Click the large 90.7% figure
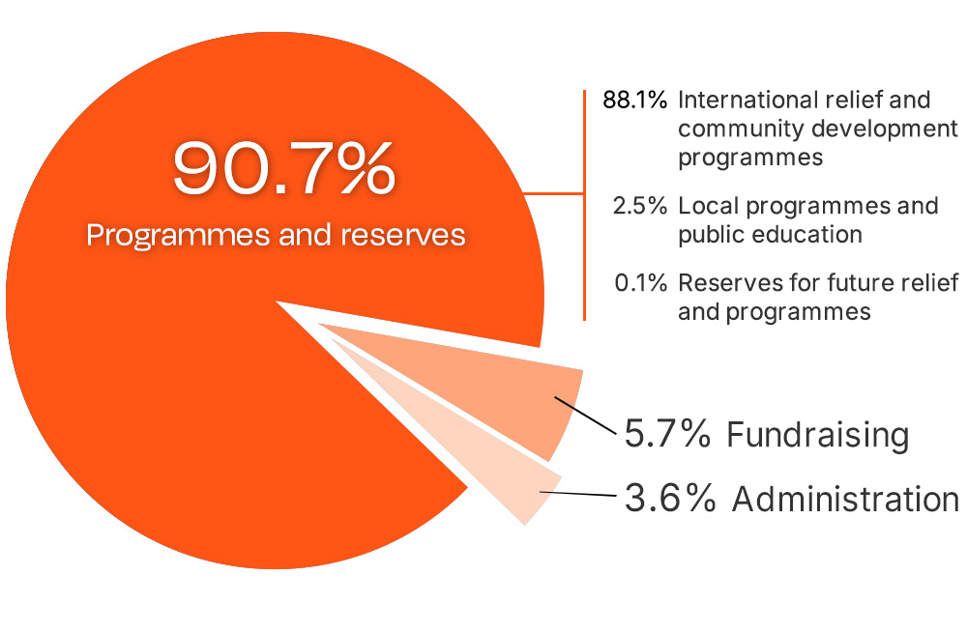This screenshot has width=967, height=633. (283, 168)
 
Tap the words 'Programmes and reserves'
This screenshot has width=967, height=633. (276, 235)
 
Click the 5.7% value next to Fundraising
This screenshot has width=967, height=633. (667, 435)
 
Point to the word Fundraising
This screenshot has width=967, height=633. (818, 435)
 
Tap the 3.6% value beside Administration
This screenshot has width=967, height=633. (670, 500)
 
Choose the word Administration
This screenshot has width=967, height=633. (845, 500)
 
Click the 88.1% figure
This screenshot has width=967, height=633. (634, 100)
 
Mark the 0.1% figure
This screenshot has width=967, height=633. (640, 283)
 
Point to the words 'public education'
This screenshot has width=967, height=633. (770, 234)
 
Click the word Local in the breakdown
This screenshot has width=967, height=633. (704, 206)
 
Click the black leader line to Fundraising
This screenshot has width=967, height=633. (586, 417)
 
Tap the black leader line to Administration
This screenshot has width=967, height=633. (578, 494)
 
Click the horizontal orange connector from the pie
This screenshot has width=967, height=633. (554, 192)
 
